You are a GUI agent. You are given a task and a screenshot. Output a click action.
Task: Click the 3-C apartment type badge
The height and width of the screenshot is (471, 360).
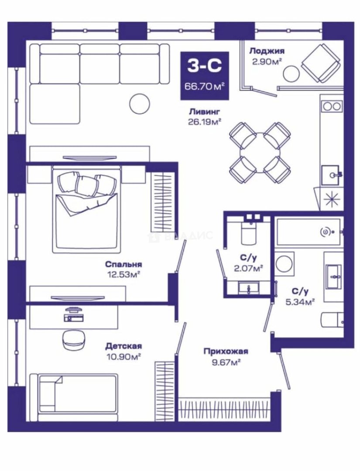[x=204, y=75]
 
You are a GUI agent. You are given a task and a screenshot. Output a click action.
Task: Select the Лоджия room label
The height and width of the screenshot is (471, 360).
[x=267, y=51]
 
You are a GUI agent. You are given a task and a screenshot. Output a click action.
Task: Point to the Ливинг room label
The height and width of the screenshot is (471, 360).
[x=204, y=112]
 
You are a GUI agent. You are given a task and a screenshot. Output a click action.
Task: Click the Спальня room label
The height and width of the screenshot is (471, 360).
[x=123, y=264]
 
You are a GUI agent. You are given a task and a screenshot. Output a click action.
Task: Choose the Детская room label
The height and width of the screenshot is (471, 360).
[x=123, y=346]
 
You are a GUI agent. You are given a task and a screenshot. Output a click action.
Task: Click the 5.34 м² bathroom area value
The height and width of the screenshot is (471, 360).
[x=300, y=301]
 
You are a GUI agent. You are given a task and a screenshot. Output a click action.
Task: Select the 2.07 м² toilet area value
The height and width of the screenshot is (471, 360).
[x=249, y=267]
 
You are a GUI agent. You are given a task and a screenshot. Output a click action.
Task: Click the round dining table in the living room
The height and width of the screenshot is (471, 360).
[x=260, y=152]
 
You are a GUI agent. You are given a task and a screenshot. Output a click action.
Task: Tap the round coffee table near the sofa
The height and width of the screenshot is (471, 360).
[x=140, y=103]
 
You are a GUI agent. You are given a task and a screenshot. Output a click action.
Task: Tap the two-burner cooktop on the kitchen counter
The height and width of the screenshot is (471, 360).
[x=332, y=106]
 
